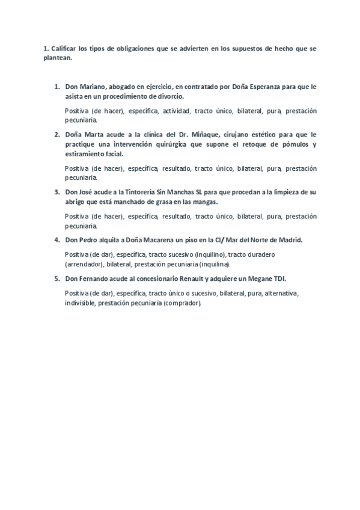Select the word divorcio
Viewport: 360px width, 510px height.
pyautogui.click(x=169, y=96)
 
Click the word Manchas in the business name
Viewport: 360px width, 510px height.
pyautogui.click(x=181, y=192)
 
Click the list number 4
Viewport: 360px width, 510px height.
pyautogui.click(x=57, y=239)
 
